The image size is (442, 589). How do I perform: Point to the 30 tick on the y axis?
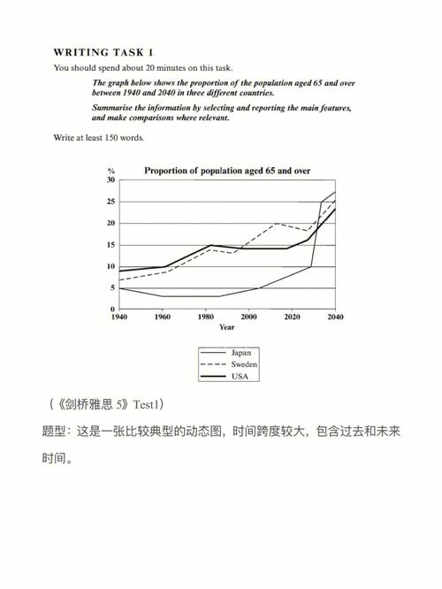pos(111,180)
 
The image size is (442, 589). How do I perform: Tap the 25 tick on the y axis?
pos(111,202)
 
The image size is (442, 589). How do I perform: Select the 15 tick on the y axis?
pos(111,245)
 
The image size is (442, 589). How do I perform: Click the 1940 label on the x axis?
pos(118,317)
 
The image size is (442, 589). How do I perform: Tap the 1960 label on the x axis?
pos(163,317)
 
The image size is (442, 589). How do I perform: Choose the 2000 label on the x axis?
pos(249,317)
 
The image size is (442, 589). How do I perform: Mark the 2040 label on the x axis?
pos(335,317)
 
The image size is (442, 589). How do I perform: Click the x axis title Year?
pos(227,327)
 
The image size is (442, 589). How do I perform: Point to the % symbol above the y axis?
pos(111,170)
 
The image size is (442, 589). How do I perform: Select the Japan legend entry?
pos(240,352)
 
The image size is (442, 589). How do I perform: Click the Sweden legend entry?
pos(243,363)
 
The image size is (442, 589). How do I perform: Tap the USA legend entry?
pos(239,376)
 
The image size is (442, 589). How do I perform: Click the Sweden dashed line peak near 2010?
pos(278,223)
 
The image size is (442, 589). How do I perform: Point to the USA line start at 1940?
pos(119,271)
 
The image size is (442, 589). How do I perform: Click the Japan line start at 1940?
pos(119,288)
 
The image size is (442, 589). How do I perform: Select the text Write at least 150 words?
pos(98,138)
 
